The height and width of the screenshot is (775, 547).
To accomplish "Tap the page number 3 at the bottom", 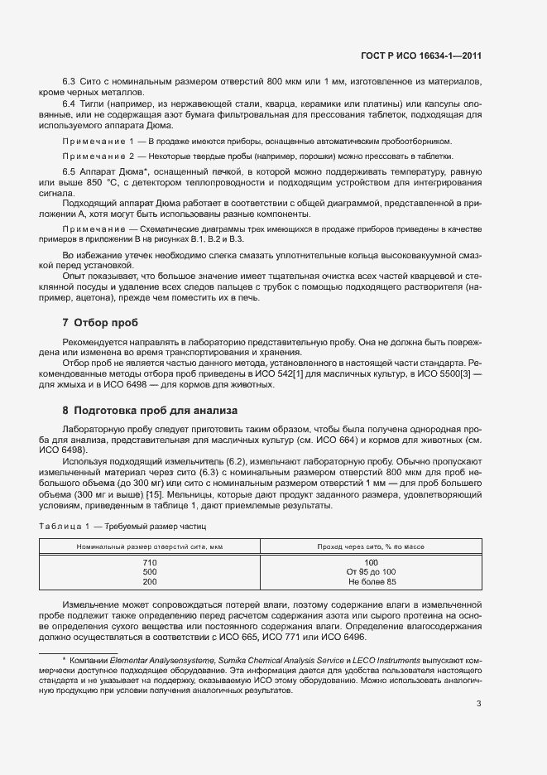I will (479, 704).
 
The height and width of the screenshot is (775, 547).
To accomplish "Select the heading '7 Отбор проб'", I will (100, 322).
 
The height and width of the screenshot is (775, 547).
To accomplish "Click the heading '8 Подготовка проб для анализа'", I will (150, 409).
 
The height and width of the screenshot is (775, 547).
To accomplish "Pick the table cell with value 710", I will (150, 562).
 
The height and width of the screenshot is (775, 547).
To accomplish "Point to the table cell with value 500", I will (150, 572).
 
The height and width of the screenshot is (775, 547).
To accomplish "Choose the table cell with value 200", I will (150, 582).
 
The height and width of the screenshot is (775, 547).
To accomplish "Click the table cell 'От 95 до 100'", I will (371, 572).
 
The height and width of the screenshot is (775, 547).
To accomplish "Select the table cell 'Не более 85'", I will (371, 582).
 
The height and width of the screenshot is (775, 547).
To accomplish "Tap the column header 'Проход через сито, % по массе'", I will (371, 546).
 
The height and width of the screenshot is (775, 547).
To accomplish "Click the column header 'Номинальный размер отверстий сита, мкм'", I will (150, 546).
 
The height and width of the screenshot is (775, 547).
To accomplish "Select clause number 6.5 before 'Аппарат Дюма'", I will (70, 171).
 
